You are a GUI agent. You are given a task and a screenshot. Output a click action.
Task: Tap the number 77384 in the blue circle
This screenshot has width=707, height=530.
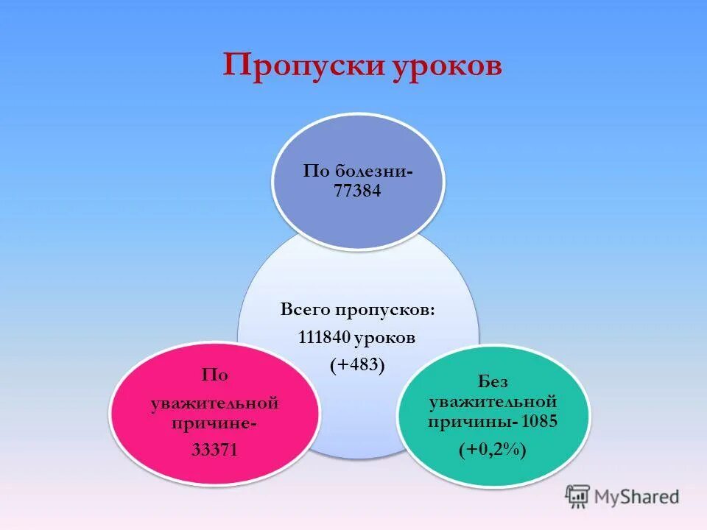coord(358,191)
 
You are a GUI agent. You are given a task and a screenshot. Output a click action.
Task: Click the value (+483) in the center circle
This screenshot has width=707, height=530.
coord(358,364)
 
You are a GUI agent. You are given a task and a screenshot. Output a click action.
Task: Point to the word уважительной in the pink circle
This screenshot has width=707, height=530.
coord(214,403)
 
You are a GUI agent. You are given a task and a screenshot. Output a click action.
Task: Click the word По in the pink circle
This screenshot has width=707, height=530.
coord(214,375)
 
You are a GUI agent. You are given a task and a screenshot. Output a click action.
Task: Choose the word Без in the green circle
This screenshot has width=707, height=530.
coord(493,381)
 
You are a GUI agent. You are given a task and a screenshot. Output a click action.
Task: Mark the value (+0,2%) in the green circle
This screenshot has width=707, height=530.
coord(493,450)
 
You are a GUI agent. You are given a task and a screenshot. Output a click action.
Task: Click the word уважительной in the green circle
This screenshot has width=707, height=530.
coord(493,402)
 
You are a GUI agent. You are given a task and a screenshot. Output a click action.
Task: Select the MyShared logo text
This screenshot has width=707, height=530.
coord(637,496)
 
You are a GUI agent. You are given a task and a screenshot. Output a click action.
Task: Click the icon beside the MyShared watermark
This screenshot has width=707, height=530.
coord(578,496)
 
